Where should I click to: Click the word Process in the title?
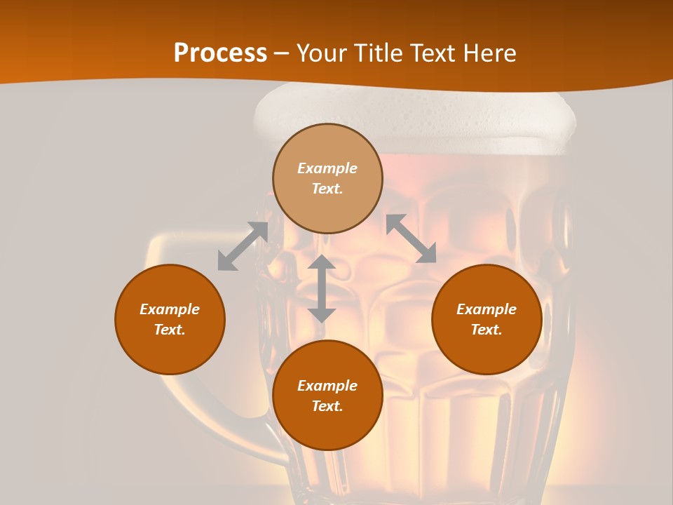coord(220,53)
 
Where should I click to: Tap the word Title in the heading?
coord(376,53)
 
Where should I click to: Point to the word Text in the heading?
coord(432,53)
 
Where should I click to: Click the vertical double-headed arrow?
coord(322,288)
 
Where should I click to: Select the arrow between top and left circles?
coord(243,245)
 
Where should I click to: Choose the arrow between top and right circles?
coord(412,238)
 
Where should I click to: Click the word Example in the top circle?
coord(327,168)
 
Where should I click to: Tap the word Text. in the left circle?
coord(170,330)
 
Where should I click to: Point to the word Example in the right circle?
coord(487,309)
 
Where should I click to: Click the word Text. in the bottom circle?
coord(327,406)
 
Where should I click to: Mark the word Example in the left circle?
coord(170,309)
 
